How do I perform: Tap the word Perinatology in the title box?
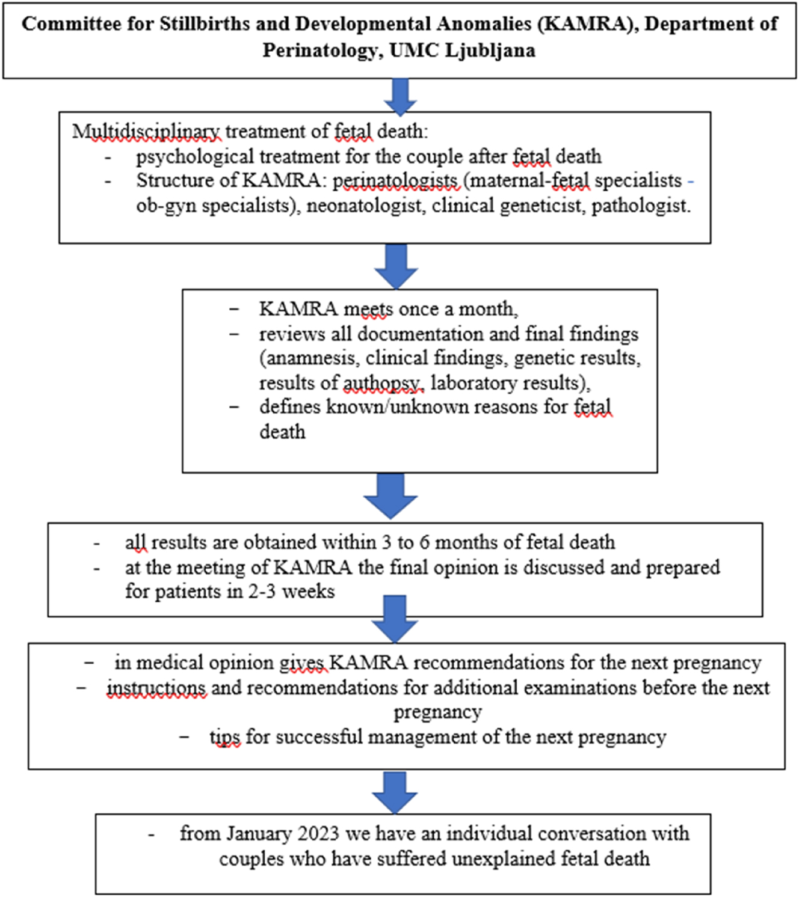(x=321, y=51)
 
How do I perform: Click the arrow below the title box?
(x=399, y=96)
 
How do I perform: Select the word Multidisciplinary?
(x=146, y=132)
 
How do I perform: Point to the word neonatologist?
(x=364, y=206)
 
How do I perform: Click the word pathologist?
(x=640, y=206)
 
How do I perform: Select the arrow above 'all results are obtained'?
(x=390, y=495)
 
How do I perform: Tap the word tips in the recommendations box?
(x=225, y=737)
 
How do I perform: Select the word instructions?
(x=156, y=688)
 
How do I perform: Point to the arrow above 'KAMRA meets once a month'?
(x=396, y=266)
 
